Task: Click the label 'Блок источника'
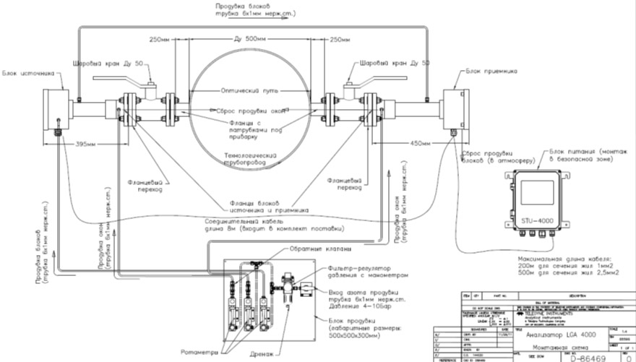pyautogui.click(x=28, y=73)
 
